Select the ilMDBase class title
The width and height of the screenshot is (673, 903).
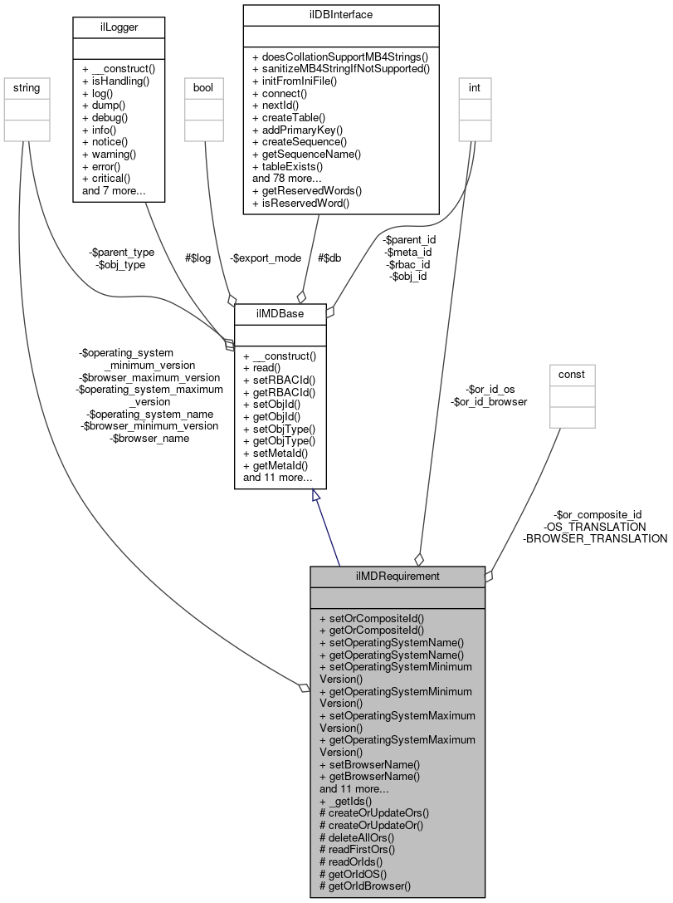pos(280,313)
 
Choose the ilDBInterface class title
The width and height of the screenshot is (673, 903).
pos(340,14)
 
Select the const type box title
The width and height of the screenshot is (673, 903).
pos(571,374)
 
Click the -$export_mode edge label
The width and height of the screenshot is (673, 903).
pos(266,258)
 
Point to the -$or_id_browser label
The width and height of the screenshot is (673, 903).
pos(489,401)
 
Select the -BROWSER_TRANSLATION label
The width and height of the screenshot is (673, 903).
pos(594,538)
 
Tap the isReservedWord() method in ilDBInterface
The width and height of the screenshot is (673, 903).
pos(303,202)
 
